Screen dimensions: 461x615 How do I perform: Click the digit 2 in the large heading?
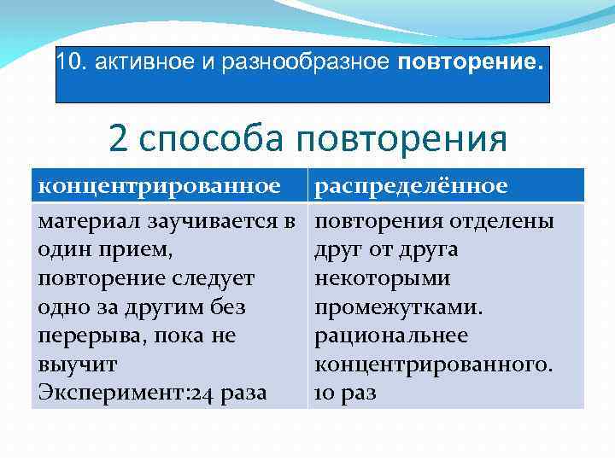pyautogui.click(x=119, y=139)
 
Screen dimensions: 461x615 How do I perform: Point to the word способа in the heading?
pyautogui.click(x=214, y=139)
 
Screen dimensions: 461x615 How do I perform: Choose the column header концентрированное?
pyautogui.click(x=160, y=185)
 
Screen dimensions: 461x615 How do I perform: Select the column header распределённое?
pyautogui.click(x=412, y=185)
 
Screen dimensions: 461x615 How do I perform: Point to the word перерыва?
pyautogui.click(x=91, y=336)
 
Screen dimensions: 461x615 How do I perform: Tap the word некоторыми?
pyautogui.click(x=371, y=279)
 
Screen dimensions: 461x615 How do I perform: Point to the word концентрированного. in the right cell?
pyautogui.click(x=434, y=365)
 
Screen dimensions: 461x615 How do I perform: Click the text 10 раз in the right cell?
pyautogui.click(x=345, y=394)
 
